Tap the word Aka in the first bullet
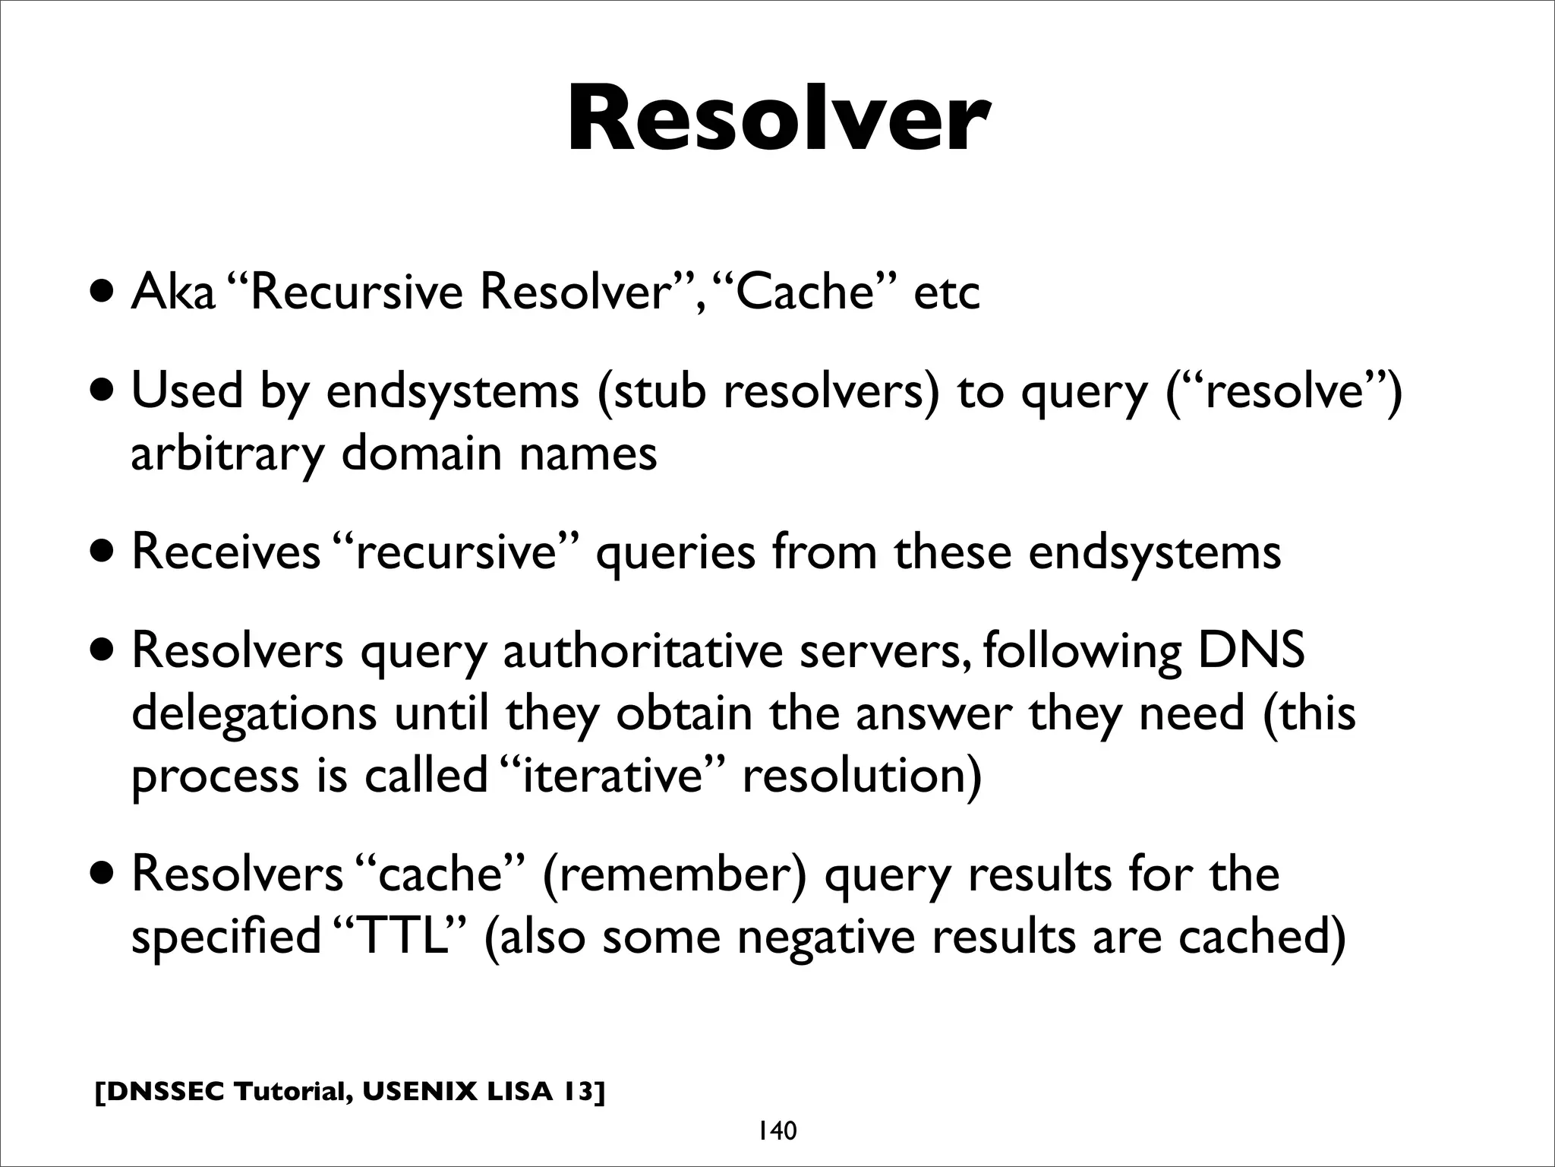(x=173, y=293)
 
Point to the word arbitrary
(x=227, y=454)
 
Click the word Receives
(x=226, y=552)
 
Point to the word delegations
(x=254, y=715)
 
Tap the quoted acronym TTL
(x=400, y=937)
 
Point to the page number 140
(x=776, y=1131)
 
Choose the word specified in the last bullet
(x=226, y=937)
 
